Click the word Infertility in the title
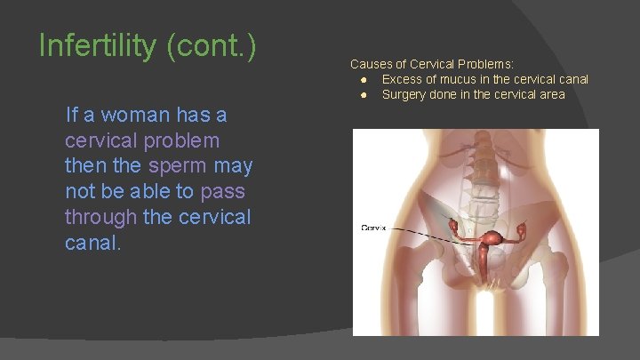(95, 45)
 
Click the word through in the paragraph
(101, 217)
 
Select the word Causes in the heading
(369, 64)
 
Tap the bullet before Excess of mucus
(364, 80)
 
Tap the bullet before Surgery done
(364, 94)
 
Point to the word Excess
(402, 80)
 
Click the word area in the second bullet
(551, 94)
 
